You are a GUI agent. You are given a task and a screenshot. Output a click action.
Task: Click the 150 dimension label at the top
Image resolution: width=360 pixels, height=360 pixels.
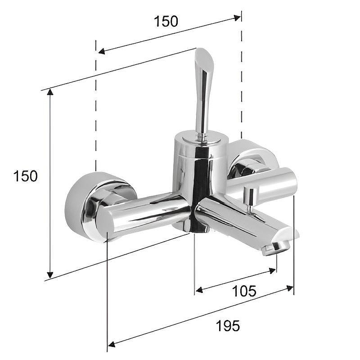point(166,21)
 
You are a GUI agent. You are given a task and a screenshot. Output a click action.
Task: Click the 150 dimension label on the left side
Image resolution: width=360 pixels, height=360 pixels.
point(25,176)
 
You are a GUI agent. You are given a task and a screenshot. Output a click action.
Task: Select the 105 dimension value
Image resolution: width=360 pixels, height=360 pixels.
point(244,291)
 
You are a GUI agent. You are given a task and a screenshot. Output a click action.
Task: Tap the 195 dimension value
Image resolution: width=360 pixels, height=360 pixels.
point(228,325)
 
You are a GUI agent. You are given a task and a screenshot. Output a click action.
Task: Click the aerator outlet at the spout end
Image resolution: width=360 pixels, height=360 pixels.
point(275,247)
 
